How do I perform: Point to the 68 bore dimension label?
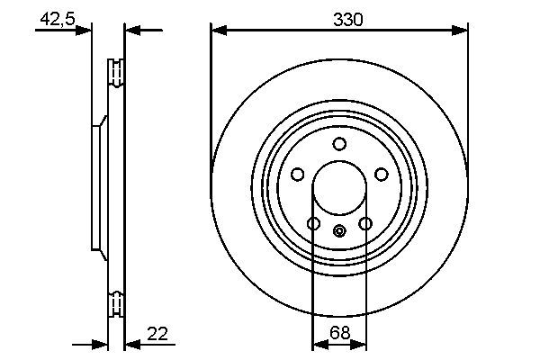pos(339,333)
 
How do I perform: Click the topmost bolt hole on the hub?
pos(339,144)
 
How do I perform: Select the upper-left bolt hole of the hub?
pos(298,174)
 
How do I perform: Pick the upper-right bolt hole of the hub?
pos(381,174)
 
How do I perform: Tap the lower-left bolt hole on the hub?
pos(313,223)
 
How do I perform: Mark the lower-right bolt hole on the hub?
pos(365,223)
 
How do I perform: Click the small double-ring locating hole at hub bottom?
pos(339,231)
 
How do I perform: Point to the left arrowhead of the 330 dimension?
pos(217,31)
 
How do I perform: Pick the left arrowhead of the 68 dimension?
pos(318,344)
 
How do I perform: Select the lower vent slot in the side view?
pos(115,303)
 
